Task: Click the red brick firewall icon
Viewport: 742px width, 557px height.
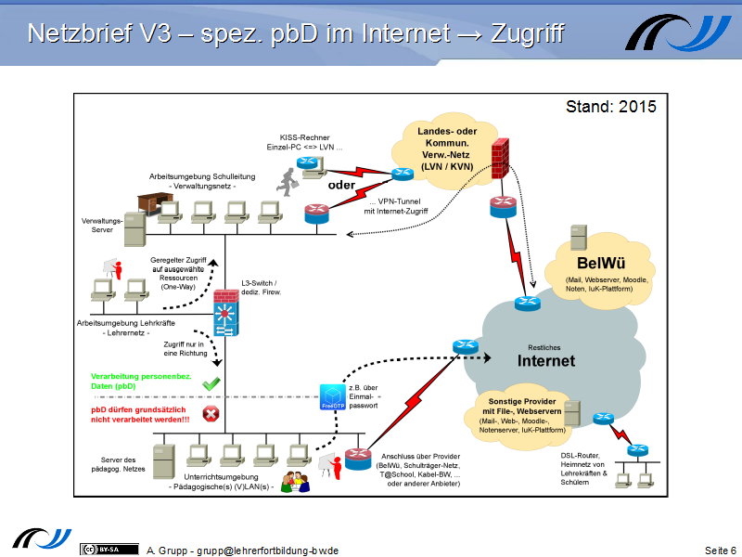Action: [501, 160]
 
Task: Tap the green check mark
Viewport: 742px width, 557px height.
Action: [211, 382]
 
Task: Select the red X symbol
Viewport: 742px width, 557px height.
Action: [211, 414]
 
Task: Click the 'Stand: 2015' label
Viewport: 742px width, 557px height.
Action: [610, 107]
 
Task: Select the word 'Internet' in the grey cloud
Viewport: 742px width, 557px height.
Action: [545, 360]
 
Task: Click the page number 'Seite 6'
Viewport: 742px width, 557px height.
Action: [721, 551]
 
